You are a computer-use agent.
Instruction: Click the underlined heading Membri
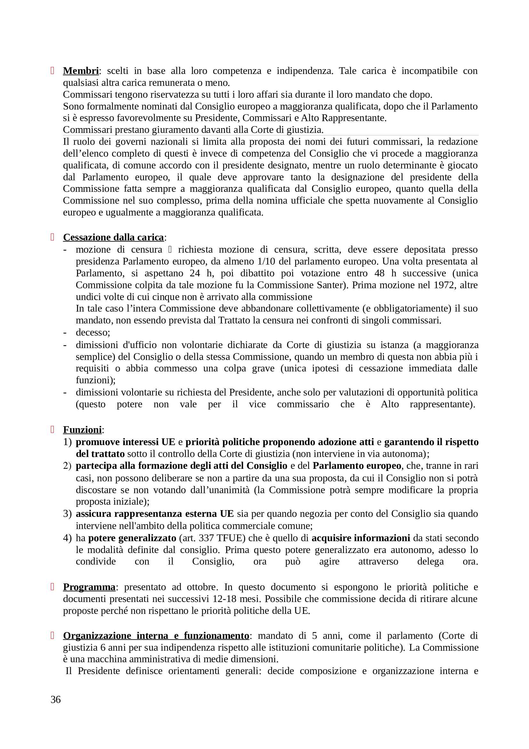pos(81,71)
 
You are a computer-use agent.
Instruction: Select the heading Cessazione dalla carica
pos(113,237)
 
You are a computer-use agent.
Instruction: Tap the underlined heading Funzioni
pos(83,430)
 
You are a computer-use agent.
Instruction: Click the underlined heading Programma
pos(89,587)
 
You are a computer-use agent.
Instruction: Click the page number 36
pos(56,700)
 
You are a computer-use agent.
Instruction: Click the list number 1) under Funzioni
pos(67,442)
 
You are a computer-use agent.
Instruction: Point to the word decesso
pos(92,332)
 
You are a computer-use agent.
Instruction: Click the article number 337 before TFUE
pos(207,538)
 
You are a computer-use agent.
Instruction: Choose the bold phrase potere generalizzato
pos(132,538)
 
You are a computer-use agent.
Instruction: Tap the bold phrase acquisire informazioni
pos(361,538)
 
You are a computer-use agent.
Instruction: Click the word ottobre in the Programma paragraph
pos(201,587)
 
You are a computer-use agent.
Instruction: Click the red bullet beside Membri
pos(52,71)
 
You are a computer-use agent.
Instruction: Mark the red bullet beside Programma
pos(52,587)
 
